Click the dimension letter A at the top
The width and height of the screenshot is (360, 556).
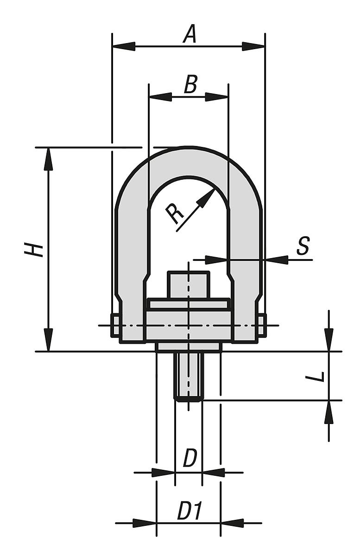[189, 35]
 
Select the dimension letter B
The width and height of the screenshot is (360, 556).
[190, 85]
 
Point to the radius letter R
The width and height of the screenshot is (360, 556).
[176, 214]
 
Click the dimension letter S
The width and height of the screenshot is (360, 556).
[303, 246]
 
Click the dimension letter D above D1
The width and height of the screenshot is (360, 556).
[190, 459]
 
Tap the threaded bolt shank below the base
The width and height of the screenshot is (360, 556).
[188, 375]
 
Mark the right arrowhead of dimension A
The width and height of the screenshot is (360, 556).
[253, 46]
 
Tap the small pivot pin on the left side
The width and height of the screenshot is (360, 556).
[114, 325]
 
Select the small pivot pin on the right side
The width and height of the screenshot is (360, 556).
[262, 325]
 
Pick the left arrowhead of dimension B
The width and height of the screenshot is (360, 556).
[160, 97]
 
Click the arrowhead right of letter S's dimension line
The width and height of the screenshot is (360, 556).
[277, 260]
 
